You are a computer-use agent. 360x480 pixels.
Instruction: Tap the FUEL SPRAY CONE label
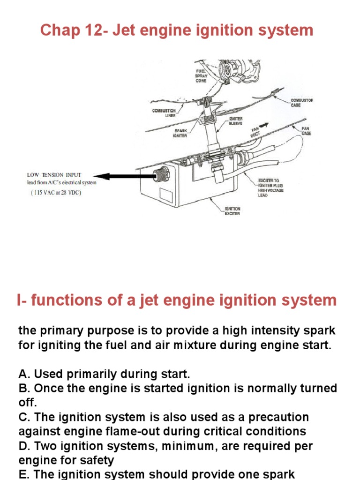point(201,75)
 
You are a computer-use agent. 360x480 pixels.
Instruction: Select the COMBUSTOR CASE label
point(302,103)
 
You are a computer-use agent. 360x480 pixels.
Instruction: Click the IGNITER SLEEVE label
point(236,121)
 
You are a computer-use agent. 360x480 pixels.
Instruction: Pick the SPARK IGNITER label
point(180,133)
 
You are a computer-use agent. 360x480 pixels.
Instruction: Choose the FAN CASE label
point(307,131)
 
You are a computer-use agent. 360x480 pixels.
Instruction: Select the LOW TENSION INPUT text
point(51,175)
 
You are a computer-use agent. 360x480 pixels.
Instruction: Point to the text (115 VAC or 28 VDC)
point(56,193)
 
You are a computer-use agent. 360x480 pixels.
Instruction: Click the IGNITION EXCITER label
point(232,211)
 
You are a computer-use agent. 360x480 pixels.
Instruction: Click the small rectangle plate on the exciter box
point(167,195)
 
